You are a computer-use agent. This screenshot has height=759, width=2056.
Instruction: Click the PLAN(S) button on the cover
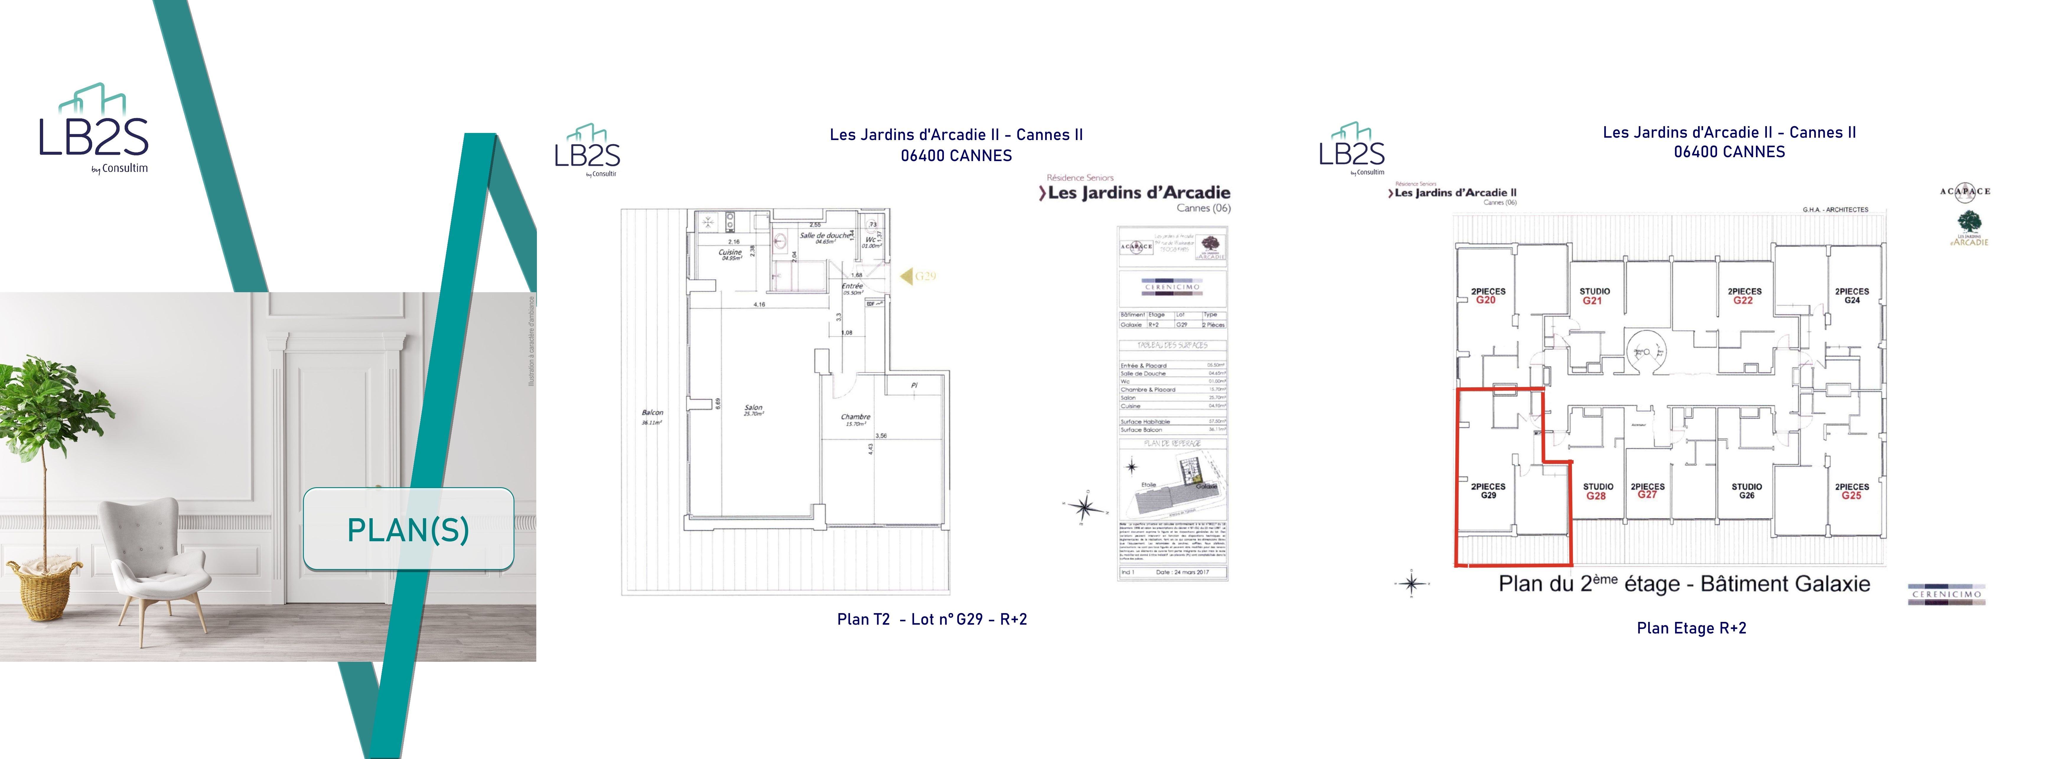pyautogui.click(x=408, y=529)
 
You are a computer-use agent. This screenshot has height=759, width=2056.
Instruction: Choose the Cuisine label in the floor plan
pyautogui.click(x=730, y=254)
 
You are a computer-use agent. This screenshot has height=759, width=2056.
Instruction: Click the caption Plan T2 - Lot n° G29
pyautogui.click(x=931, y=619)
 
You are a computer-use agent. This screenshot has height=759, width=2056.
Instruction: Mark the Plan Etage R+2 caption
pyautogui.click(x=1691, y=628)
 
